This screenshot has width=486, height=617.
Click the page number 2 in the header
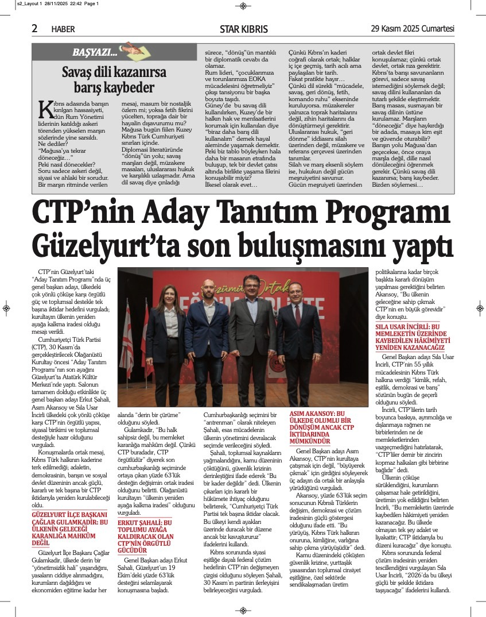point(35,28)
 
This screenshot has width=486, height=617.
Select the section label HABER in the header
point(63,29)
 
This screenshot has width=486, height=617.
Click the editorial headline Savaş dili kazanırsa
point(114,73)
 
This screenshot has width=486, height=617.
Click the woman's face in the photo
point(172,297)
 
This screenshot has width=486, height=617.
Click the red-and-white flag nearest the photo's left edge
point(127,333)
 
